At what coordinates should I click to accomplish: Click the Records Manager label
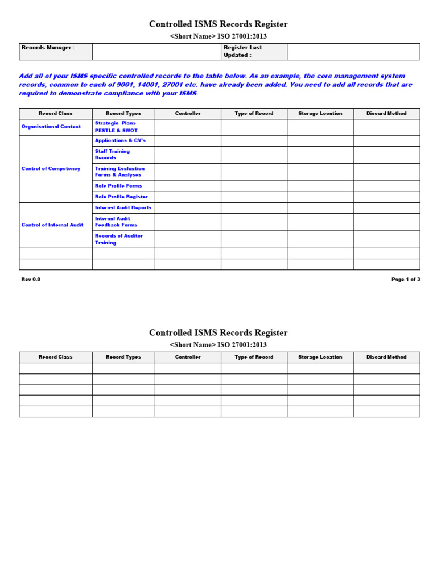[x=48, y=48]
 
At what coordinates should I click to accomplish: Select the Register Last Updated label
[x=242, y=51]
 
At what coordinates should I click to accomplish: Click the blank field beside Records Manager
[x=156, y=51]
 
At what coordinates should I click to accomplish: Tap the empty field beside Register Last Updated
[x=353, y=51]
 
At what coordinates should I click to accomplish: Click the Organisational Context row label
[x=51, y=127]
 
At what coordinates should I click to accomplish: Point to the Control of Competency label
[x=51, y=169]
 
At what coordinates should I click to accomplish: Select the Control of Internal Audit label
[x=52, y=225]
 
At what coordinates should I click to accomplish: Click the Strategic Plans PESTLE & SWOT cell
[x=116, y=127]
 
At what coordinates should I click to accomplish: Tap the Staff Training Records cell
[x=113, y=155]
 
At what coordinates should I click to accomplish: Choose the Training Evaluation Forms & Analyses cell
[x=119, y=172]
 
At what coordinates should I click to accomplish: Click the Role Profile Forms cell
[x=118, y=186]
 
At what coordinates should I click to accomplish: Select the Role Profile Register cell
[x=121, y=197]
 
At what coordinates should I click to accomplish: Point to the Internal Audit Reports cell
[x=123, y=208]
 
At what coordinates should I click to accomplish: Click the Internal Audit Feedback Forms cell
[x=116, y=222]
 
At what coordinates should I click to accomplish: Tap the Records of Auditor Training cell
[x=119, y=239]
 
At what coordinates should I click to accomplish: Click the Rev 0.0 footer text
[x=31, y=280]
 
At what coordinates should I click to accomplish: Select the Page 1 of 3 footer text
[x=405, y=280]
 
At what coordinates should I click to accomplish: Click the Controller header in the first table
[x=188, y=114]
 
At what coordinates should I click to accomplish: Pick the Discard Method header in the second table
[x=386, y=357]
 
